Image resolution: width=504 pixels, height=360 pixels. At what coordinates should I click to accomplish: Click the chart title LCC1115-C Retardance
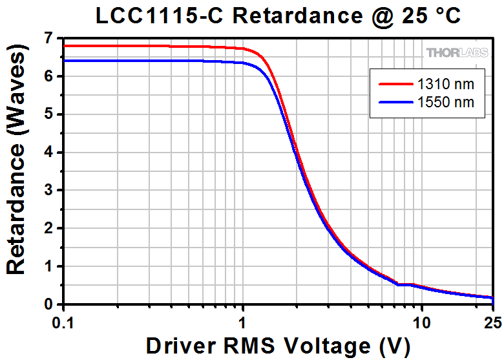click(278, 16)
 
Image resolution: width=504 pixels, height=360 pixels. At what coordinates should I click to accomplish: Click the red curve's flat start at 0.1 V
click(65, 46)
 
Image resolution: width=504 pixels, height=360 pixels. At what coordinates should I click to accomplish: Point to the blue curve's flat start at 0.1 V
click(65, 61)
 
